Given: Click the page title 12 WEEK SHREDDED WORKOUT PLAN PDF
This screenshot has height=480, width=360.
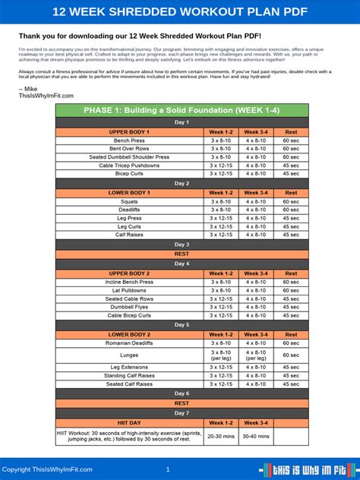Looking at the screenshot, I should tap(180, 11).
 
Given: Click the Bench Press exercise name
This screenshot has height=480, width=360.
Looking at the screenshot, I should tap(128, 141).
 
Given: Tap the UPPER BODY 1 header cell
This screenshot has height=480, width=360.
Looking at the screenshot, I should tap(128, 131).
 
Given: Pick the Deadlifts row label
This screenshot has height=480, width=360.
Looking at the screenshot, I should tap(128, 209).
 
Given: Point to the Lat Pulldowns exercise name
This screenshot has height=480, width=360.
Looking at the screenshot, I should tap(128, 290).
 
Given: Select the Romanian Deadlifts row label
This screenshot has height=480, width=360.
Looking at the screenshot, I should tap(128, 343).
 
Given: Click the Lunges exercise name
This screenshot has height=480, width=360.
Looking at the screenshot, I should tap(128, 355).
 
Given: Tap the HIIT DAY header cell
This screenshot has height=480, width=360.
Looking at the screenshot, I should tap(128, 422).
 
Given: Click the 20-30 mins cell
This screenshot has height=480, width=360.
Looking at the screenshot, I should tap(221, 435).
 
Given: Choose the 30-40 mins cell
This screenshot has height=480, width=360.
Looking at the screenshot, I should tap(255, 435).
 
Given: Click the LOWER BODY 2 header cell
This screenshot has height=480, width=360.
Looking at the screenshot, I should tap(128, 334).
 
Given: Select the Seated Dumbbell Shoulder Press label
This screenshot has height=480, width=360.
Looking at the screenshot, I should tap(128, 157).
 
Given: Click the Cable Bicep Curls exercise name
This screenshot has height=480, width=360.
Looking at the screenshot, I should tap(128, 315).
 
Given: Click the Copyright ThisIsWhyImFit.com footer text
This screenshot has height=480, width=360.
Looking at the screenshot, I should tap(47, 469).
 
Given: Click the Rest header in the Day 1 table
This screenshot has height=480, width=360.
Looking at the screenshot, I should tap(291, 131).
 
